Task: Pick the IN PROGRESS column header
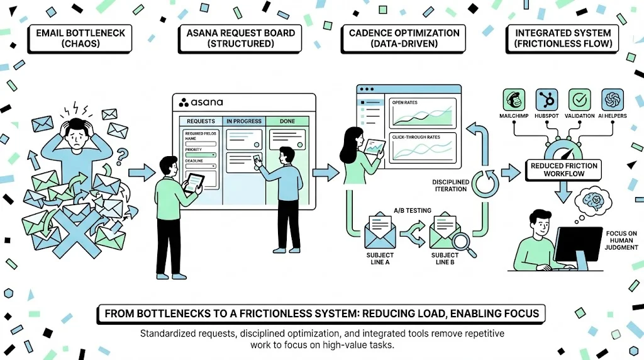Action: pos(244,121)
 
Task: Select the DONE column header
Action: pos(287,121)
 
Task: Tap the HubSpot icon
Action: pos(546,99)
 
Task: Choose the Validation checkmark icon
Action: pos(579,99)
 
